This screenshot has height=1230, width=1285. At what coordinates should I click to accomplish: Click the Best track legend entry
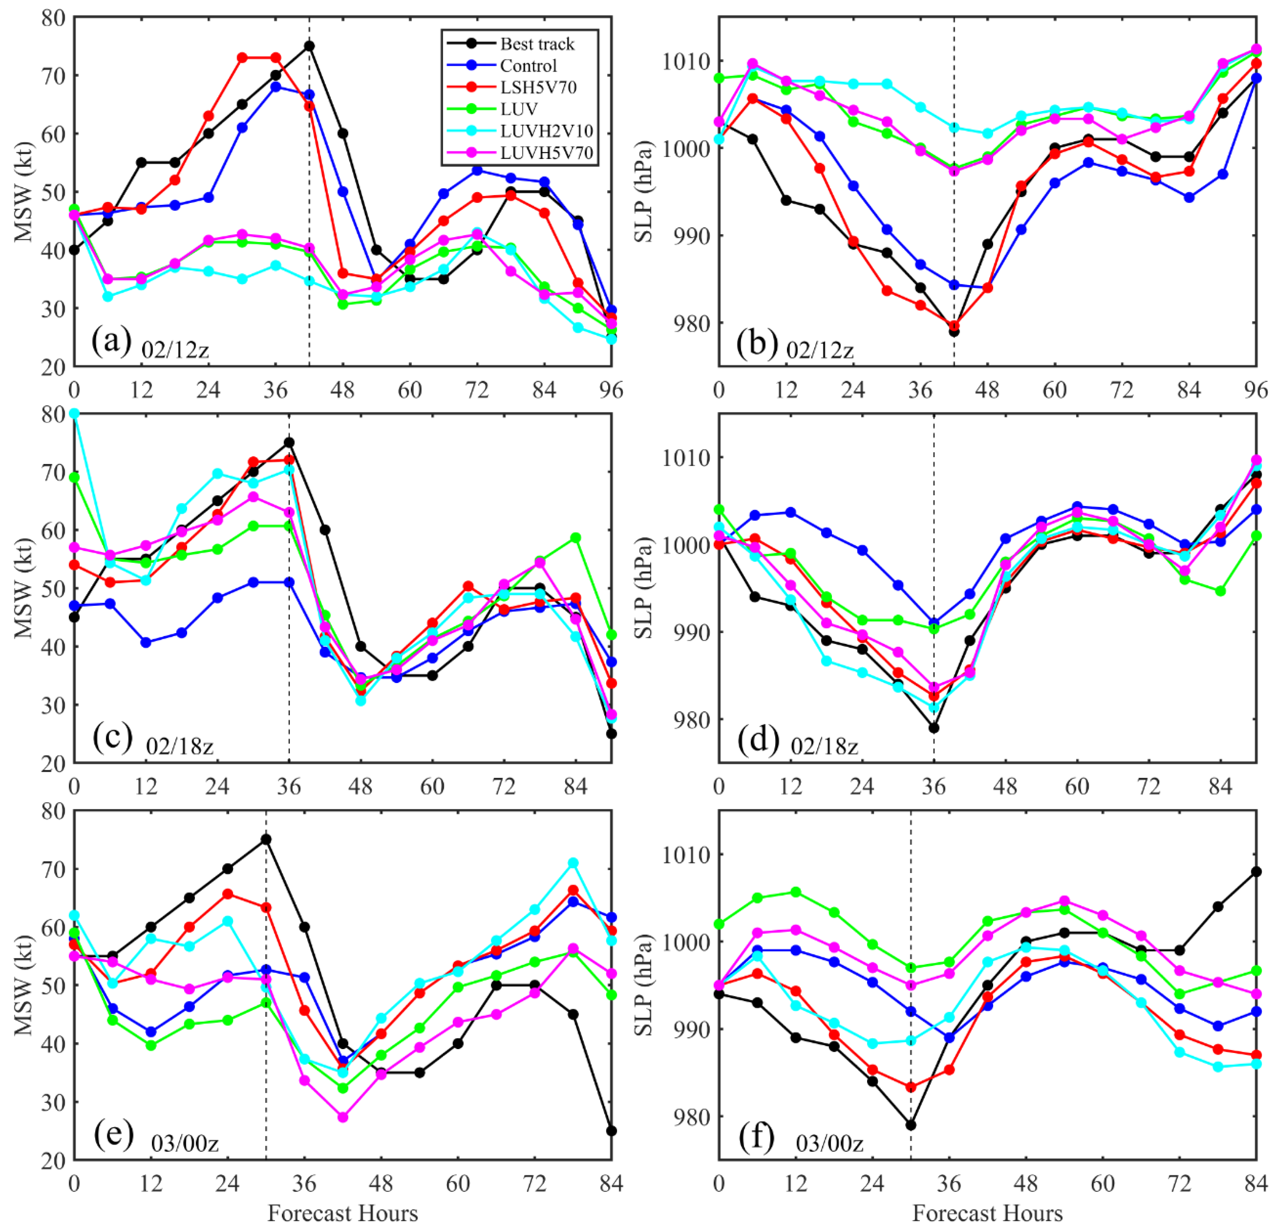pos(536,44)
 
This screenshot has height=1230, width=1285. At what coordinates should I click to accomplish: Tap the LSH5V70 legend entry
pos(537,87)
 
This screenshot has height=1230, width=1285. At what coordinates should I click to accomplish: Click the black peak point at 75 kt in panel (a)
pos(309,46)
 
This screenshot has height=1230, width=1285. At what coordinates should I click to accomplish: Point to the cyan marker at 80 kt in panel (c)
pos(74,414)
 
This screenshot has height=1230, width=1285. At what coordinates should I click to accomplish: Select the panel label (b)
pos(756,343)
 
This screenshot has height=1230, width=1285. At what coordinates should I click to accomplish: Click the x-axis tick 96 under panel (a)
pos(611,391)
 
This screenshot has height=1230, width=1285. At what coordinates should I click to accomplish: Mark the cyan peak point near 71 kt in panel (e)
pos(573,863)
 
